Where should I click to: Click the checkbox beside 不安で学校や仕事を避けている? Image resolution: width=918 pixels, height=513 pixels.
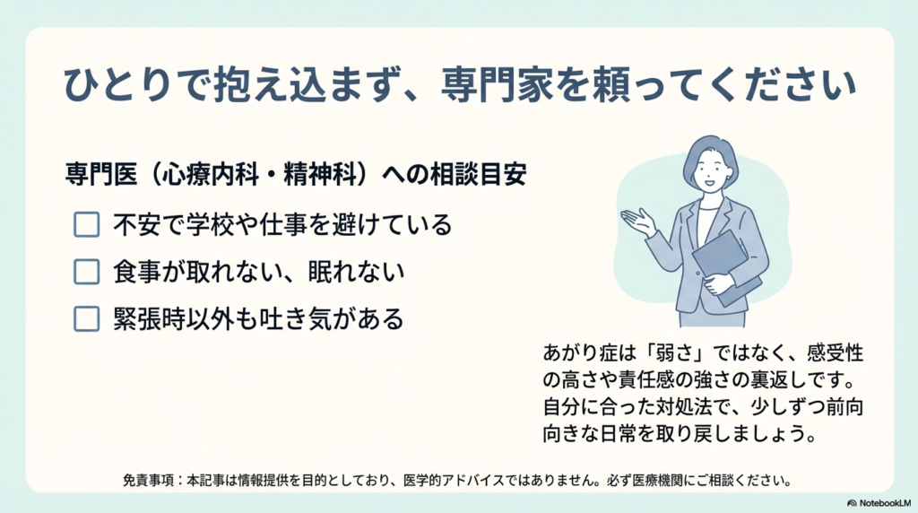(x=86, y=224)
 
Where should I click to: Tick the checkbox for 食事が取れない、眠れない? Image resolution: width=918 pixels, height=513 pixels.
(x=86, y=272)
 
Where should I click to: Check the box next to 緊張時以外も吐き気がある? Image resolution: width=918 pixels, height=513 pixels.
(x=86, y=318)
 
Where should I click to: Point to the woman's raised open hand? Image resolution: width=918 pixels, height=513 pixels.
(x=638, y=221)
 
